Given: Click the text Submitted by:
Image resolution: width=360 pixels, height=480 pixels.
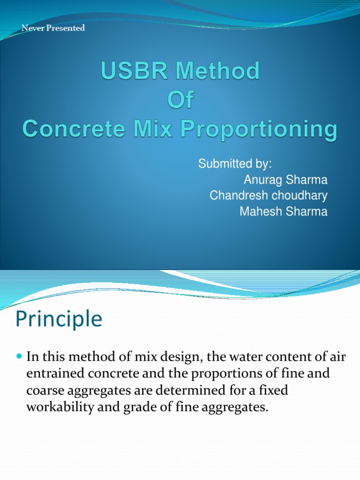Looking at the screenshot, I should (235, 164).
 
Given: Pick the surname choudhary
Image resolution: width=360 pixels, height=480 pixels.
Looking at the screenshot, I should (297, 195).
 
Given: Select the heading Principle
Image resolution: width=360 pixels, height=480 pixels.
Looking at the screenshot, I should (59, 319).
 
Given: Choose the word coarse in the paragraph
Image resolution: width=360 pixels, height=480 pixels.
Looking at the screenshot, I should (44, 391).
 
